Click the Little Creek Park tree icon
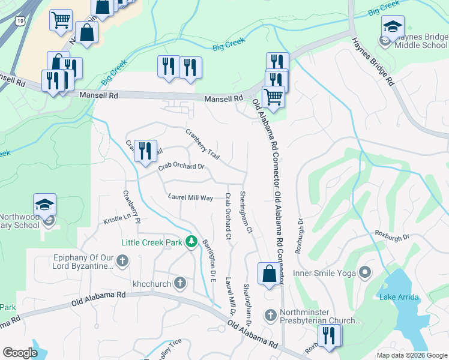191,241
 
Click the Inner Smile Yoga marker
366,273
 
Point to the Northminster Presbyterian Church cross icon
270,314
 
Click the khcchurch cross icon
180,282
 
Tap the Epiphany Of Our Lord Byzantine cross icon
122,260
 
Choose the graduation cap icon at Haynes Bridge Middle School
393,27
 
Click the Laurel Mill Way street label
190,197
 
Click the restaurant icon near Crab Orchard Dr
145,151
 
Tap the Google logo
20,353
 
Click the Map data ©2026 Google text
412,355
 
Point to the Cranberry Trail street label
202,144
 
